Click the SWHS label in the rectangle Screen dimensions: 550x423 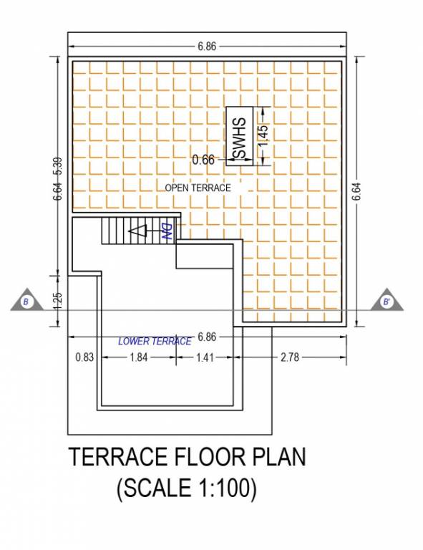pyautogui.click(x=240, y=137)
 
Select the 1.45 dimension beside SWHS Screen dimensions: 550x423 pyautogui.click(x=263, y=137)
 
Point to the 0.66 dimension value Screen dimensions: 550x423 pyautogui.click(x=203, y=160)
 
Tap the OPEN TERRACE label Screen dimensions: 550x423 pyautogui.click(x=198, y=188)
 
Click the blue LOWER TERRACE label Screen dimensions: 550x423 pyautogui.click(x=155, y=342)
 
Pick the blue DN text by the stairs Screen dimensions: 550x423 pyautogui.click(x=165, y=231)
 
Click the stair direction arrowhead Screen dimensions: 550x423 pyautogui.click(x=137, y=231)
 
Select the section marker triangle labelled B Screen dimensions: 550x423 pyautogui.click(x=26, y=301)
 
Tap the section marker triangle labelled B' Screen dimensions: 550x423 pyautogui.click(x=386, y=301)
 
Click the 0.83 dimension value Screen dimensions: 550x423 pyautogui.click(x=84, y=358)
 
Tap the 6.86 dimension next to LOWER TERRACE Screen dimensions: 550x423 pyautogui.click(x=207, y=337)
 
